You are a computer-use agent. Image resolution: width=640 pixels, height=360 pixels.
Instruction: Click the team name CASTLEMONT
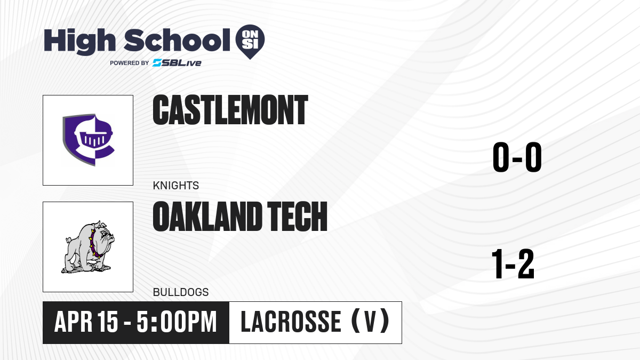[230, 110]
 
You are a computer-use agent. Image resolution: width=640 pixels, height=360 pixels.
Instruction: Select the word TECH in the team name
[297, 217]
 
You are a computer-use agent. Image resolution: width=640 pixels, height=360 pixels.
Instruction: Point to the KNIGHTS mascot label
[175, 186]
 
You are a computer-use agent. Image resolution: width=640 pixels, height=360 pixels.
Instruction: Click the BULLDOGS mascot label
[181, 292]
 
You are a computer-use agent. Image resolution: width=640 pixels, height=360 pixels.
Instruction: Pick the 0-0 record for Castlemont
[517, 157]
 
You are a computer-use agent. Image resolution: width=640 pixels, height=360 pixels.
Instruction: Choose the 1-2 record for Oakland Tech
[513, 263]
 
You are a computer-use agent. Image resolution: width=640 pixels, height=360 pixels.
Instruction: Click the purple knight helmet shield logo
[89, 140]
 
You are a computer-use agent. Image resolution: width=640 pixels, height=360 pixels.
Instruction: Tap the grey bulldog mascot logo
[88, 247]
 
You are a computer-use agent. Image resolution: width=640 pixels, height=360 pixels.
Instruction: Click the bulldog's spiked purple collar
[95, 244]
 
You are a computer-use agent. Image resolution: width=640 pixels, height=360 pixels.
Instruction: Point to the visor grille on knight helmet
[93, 139]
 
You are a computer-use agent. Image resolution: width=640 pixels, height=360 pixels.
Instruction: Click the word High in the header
[79, 41]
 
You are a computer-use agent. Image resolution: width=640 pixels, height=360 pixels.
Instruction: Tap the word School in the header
[177, 40]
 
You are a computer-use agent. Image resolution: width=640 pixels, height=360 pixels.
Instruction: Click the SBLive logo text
[177, 63]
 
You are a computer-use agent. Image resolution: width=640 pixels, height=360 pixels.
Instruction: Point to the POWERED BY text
[130, 63]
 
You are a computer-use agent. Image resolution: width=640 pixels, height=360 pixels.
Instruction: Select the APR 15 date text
[86, 322]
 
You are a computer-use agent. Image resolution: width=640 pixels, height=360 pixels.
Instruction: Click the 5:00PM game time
[177, 322]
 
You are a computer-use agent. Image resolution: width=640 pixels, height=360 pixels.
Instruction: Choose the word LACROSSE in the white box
[291, 322]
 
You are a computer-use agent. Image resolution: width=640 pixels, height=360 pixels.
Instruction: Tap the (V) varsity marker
[370, 321]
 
